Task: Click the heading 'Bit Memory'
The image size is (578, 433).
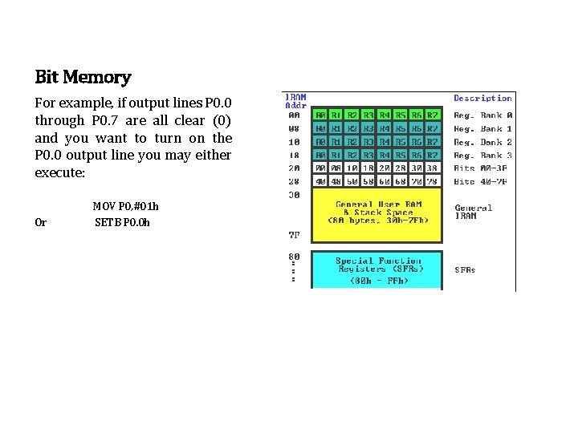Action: tap(83, 78)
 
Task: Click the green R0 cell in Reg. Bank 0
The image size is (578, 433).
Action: tap(320, 115)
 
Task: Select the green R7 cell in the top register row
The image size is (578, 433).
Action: tap(433, 115)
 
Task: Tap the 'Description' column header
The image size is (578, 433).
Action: tap(482, 99)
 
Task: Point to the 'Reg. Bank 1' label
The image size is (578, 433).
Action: tap(483, 128)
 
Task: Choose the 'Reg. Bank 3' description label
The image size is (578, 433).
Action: tap(483, 155)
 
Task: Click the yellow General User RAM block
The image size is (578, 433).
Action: tap(377, 214)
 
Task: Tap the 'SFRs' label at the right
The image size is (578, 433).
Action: tap(466, 269)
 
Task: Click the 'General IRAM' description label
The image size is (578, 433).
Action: tap(474, 212)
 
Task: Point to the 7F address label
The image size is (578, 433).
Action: tap(294, 235)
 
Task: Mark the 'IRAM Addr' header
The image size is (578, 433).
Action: tap(295, 102)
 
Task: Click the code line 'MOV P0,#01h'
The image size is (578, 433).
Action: tap(126, 206)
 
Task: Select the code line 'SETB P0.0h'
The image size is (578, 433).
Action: tap(122, 222)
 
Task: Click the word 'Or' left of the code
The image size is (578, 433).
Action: tap(41, 222)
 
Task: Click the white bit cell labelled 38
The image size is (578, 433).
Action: tap(433, 168)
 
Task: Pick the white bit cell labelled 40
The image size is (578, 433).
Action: tap(320, 181)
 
